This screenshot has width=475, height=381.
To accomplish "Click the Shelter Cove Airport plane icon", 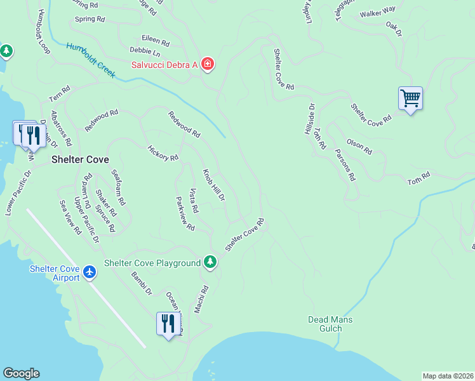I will pos(90,272).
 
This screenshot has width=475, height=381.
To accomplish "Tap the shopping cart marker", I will pos(411,98).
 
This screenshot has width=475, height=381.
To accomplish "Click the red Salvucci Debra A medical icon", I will pos(207,63).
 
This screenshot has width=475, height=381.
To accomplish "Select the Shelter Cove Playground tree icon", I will pos(210,262).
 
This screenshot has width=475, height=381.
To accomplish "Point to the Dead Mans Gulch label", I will pos(330,324).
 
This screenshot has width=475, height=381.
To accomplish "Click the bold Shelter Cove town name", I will pos(80,160).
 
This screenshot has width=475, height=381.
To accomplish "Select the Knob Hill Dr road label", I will pos(214,185).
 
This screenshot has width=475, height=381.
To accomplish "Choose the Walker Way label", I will pos(377,12).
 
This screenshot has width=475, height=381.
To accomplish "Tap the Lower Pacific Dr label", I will pos(18,192).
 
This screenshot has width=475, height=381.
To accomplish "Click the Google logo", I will pos(21,373).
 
